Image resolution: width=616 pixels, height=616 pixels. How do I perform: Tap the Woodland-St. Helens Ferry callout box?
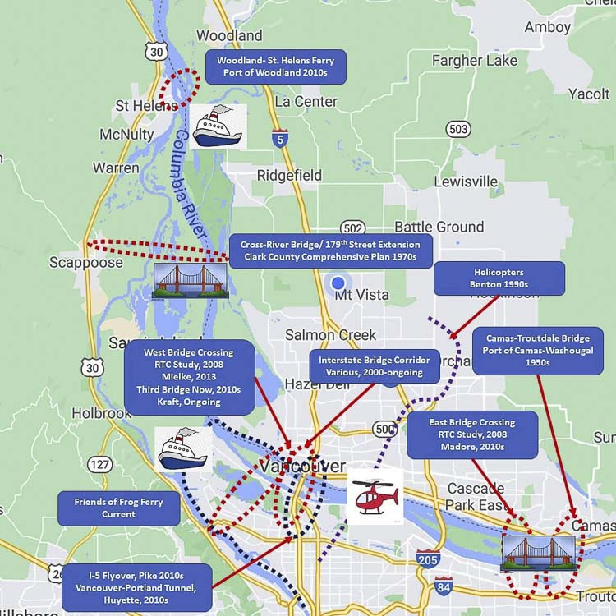click(276, 67)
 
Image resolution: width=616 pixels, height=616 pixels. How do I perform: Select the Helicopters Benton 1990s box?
click(499, 278)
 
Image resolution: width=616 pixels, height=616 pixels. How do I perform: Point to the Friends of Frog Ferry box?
click(118, 508)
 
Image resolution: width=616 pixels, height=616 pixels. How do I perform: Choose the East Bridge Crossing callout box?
click(472, 434)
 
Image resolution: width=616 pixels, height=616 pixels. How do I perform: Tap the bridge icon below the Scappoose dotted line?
click(184, 281)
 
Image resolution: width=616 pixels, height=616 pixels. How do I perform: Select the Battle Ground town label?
click(439, 227)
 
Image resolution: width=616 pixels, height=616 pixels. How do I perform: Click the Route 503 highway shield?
click(458, 129)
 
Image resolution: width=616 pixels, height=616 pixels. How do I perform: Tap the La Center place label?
click(306, 102)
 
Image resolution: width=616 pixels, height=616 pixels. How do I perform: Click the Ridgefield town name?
click(289, 175)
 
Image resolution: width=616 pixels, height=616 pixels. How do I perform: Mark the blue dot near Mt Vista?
click(338, 284)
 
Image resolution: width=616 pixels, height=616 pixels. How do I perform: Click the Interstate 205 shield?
click(427, 558)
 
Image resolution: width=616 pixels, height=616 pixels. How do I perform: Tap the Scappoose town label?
click(85, 263)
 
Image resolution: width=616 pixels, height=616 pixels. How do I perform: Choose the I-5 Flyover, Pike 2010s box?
click(136, 586)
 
